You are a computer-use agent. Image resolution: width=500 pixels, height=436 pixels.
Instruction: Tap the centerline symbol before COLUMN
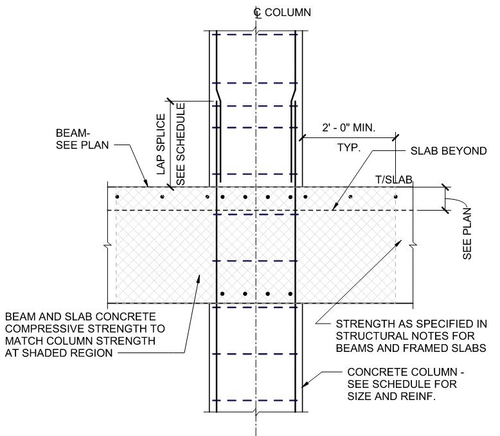pyautogui.click(x=257, y=11)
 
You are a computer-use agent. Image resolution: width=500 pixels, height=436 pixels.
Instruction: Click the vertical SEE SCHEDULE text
pyautogui.click(x=181, y=144)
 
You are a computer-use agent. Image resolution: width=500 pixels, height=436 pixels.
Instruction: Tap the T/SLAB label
pyautogui.click(x=397, y=180)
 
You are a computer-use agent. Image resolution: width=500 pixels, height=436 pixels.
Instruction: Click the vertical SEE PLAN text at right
pyautogui.click(x=468, y=232)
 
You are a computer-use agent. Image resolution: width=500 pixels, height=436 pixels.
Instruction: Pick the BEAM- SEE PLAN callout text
pyautogui.click(x=84, y=139)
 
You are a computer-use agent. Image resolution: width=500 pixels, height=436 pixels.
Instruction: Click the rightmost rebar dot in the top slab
pyautogui.click(x=395, y=196)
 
